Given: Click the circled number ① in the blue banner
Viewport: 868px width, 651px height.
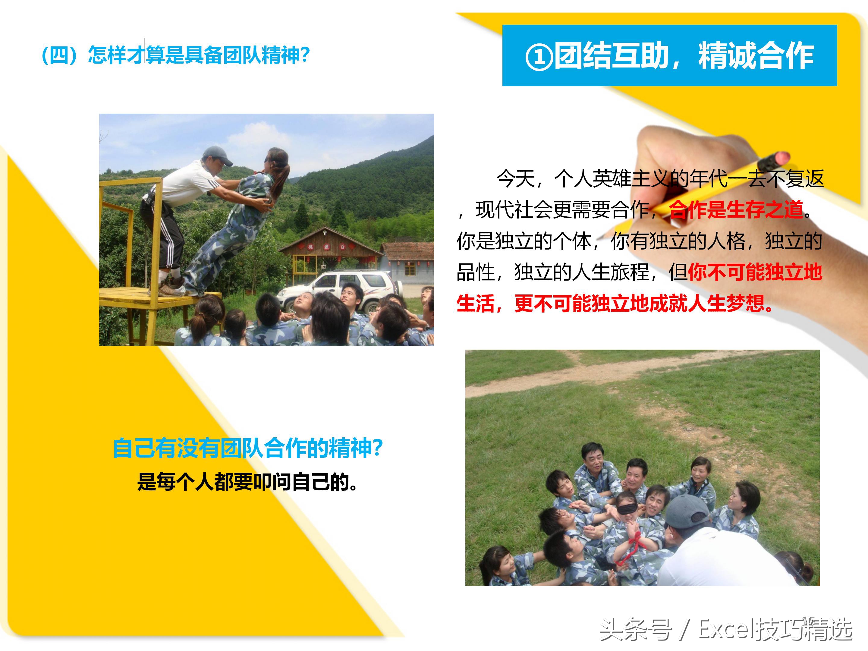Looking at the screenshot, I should coord(539,57).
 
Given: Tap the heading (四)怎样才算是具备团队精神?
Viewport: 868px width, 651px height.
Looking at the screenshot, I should coord(176,55).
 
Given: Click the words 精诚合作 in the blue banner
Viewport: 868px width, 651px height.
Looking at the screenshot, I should coord(755,56).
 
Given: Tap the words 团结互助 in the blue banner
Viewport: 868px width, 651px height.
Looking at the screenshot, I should coord(611,56).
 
